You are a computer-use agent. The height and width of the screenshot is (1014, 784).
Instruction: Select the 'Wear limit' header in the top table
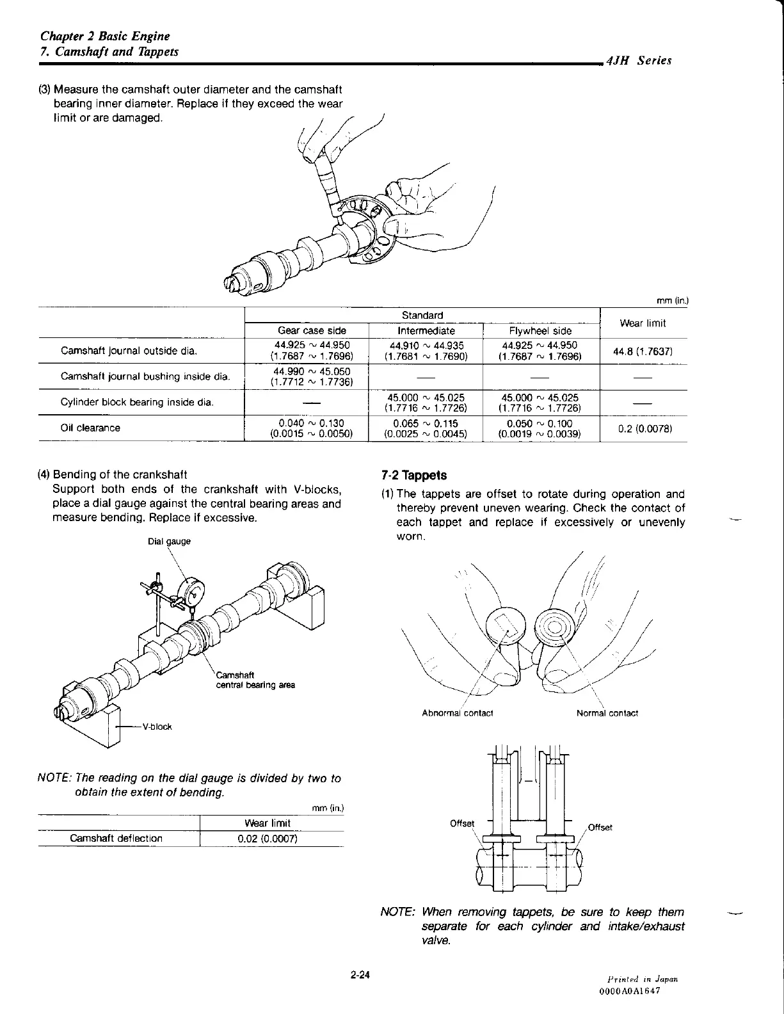[643, 323]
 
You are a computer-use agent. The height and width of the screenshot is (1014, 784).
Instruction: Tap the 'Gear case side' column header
[312, 331]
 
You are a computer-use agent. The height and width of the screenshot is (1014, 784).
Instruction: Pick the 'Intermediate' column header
[426, 331]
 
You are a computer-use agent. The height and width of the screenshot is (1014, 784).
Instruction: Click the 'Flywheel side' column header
[540, 331]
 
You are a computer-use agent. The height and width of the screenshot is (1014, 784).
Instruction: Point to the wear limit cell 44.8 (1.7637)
[643, 351]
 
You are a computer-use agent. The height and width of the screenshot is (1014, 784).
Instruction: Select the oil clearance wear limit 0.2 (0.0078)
[643, 428]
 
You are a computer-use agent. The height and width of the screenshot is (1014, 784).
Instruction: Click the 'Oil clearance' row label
[90, 428]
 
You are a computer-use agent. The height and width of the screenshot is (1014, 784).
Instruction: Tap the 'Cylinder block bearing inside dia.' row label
[137, 403]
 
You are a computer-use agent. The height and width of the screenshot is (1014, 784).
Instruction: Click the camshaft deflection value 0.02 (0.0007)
[267, 839]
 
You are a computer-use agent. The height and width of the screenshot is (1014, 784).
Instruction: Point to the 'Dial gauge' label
[169, 541]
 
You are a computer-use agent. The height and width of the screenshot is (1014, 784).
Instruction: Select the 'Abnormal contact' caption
[458, 713]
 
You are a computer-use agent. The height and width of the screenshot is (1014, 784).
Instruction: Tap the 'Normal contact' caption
[607, 713]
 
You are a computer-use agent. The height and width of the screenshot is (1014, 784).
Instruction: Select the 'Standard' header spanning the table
[422, 316]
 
